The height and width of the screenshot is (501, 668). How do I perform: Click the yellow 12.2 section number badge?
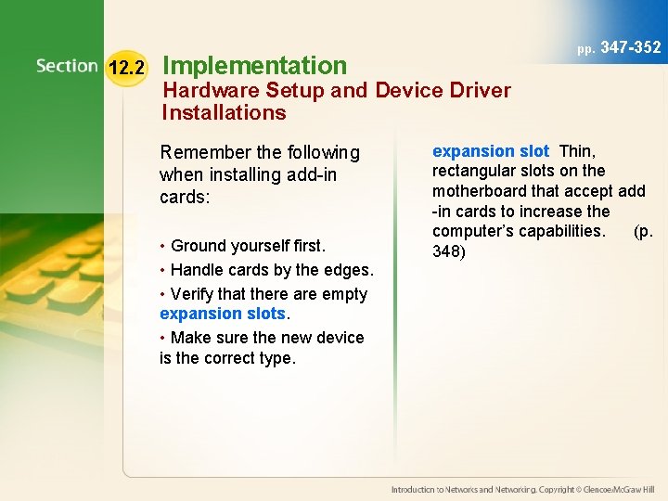126,68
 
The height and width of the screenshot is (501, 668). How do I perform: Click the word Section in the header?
67,66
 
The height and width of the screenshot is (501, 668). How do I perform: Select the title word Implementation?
254,65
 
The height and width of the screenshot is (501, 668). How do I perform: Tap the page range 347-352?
631,47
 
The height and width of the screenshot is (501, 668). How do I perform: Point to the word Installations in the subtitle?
224,113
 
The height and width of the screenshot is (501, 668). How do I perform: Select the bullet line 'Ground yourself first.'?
246,246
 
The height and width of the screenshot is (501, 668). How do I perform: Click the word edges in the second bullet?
347,270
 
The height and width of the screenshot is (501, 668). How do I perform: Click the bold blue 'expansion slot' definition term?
490,151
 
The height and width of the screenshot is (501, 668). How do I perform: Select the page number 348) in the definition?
448,251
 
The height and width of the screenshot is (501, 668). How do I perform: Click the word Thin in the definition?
577,151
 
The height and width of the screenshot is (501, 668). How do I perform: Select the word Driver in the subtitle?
479,91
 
